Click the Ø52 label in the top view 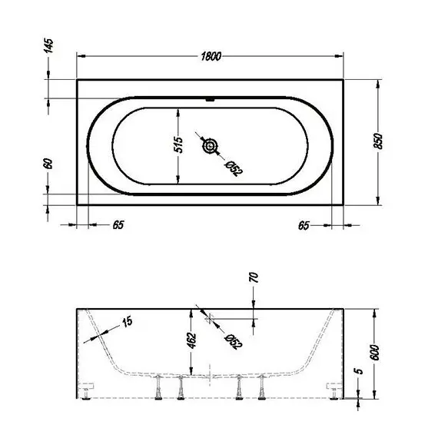(x=232, y=166)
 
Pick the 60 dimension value (x=48, y=164)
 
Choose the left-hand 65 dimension (x=118, y=225)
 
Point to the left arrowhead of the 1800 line (x=80, y=55)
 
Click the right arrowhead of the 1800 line (x=342, y=55)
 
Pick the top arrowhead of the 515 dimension (x=178, y=109)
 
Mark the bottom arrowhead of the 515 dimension (x=178, y=184)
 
